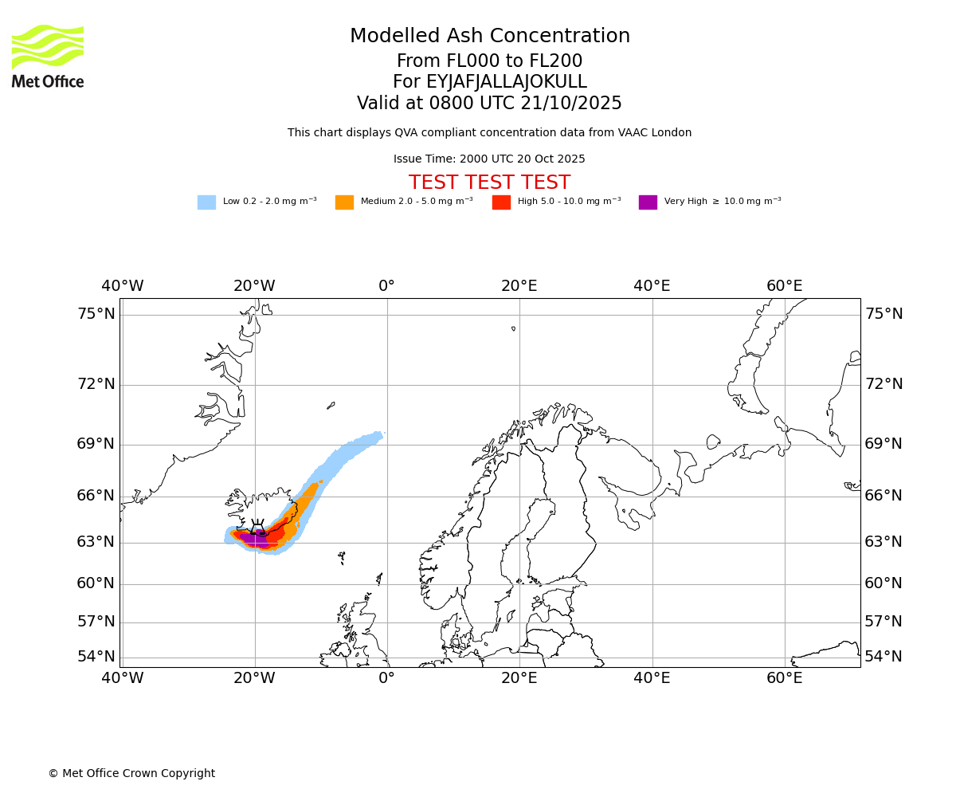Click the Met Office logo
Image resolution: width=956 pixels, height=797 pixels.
pyautogui.click(x=48, y=56)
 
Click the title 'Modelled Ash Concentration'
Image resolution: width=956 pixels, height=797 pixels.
pyautogui.click(x=490, y=36)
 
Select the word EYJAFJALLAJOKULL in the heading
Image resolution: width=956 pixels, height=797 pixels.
pyautogui.click(x=507, y=82)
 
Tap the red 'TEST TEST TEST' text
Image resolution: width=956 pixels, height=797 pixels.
pyautogui.click(x=489, y=183)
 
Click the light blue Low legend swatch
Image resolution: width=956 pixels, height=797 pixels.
pyautogui.click(x=206, y=202)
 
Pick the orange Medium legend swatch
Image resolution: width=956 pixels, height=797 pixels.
pyautogui.click(x=344, y=202)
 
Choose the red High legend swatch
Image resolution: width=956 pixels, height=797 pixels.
pyautogui.click(x=501, y=202)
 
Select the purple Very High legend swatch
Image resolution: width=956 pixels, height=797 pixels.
pyautogui.click(x=648, y=202)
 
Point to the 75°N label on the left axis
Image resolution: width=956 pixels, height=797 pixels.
pyautogui.click(x=96, y=313)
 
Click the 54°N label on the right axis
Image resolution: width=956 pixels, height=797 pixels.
pyautogui.click(x=884, y=656)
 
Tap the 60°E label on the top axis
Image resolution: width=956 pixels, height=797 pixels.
pyautogui.click(x=784, y=285)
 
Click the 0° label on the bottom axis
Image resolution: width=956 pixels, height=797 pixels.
pyautogui.click(x=386, y=678)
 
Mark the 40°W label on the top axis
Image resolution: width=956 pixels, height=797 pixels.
pyautogui.click(x=122, y=285)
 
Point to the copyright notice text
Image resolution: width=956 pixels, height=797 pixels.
pyautogui.click(x=131, y=773)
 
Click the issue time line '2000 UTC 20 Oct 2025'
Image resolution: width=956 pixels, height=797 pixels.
pyautogui.click(x=489, y=159)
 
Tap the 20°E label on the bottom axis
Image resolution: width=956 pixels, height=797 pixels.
pyautogui.click(x=519, y=678)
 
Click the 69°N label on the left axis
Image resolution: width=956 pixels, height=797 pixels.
pyautogui.click(x=96, y=443)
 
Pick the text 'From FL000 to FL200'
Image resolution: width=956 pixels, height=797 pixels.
pyautogui.click(x=489, y=61)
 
